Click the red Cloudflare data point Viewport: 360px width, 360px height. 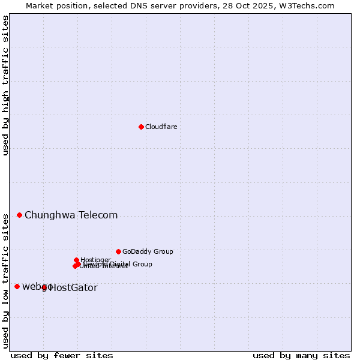pos(141,127)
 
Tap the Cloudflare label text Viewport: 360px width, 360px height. pos(161,127)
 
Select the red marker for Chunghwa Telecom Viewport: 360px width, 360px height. pos(19,215)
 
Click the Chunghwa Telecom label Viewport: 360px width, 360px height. pos(71,215)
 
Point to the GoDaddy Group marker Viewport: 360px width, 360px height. pos(118,251)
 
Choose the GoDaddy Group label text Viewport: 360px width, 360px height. pos(148,252)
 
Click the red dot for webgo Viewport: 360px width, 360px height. pos(17,286)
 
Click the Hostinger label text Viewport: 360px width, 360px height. pos(95,260)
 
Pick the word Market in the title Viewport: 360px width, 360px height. pos(40,5)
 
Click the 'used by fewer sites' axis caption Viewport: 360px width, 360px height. pos(62,355)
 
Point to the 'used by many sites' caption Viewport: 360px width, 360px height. pos(301,355)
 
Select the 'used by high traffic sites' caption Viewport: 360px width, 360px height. pos(5,85)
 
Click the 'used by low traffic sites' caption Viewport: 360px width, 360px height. pos(5,280)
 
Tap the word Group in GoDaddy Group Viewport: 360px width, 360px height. pos(163,252)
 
